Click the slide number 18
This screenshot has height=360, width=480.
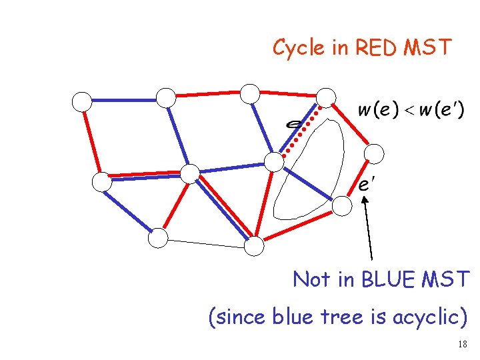coord(463,344)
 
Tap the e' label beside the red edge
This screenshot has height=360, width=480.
coord(365,184)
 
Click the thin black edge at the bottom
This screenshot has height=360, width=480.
coord(206,242)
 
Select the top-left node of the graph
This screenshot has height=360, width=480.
coord(82,101)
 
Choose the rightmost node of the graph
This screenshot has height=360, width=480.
coord(375,154)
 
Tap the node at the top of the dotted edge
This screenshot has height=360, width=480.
coord(326,97)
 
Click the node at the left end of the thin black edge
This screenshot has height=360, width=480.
coord(158,237)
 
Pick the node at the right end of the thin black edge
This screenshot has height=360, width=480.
coord(254,247)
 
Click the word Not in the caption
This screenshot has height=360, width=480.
coord(311,279)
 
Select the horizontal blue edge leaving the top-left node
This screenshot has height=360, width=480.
coord(123,100)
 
